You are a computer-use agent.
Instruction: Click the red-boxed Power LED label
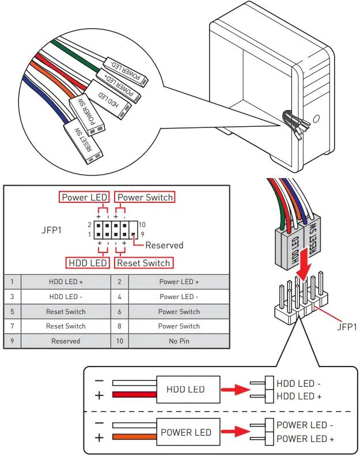coord(84,197)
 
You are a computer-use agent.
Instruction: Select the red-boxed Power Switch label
coord(145,197)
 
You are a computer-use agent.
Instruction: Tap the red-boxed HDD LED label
coord(88,263)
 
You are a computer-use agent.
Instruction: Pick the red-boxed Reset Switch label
coord(143,263)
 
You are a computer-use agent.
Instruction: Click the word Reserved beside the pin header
coord(164,245)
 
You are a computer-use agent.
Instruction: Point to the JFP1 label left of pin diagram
coord(52,229)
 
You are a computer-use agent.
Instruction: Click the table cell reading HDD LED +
coord(66,282)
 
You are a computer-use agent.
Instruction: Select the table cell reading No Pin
coord(179,341)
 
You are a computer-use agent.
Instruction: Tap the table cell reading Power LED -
coord(179,297)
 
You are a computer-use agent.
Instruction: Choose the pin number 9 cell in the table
coord(12,341)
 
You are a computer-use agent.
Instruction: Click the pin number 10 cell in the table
coord(120,341)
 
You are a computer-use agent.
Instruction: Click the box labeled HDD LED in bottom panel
coord(185,390)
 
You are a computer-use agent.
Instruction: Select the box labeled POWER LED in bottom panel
coord(185,432)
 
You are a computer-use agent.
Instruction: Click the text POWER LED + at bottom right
coord(305,439)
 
